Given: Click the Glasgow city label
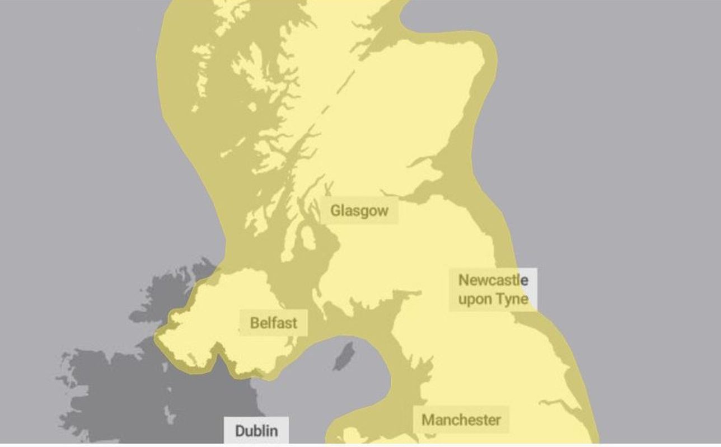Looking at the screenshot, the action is [359, 211].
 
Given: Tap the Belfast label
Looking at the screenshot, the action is [273, 323].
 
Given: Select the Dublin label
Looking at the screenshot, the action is [256, 431].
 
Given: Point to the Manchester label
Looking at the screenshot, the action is [461, 420].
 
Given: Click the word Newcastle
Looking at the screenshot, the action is [493, 280].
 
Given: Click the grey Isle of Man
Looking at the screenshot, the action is [343, 356].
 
